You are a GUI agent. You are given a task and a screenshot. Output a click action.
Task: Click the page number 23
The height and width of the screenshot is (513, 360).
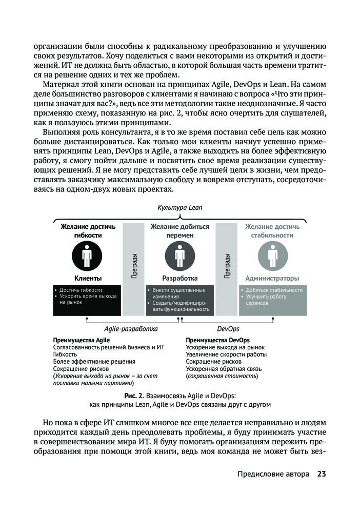pyautogui.click(x=322, y=473)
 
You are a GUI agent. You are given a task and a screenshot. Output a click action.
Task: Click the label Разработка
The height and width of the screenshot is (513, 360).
pyautogui.click(x=180, y=279)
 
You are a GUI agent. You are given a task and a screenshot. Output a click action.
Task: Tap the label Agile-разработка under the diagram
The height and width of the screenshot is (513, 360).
pyautogui.click(x=131, y=329)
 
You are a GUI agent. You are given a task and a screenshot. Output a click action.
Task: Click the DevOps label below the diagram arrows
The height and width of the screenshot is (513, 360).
pyautogui.click(x=228, y=329)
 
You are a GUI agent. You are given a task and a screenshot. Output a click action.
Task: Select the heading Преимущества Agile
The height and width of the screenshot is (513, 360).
pyautogui.click(x=82, y=340)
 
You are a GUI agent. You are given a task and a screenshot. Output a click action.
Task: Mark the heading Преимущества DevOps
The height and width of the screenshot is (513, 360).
pyautogui.click(x=218, y=340)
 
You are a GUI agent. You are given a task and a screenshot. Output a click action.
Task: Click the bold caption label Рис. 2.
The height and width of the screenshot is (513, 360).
pyautogui.click(x=134, y=397)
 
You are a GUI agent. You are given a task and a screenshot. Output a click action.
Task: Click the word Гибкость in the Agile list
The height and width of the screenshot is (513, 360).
pyautogui.click(x=66, y=354)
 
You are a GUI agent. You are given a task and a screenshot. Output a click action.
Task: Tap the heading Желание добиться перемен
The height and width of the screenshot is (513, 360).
pyautogui.click(x=179, y=230)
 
